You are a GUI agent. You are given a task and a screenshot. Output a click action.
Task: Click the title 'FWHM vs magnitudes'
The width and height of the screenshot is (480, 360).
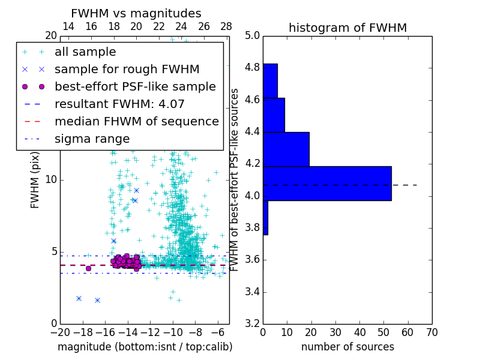point(136,14)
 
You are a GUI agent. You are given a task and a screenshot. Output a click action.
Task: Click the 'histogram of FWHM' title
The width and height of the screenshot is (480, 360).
point(347,28)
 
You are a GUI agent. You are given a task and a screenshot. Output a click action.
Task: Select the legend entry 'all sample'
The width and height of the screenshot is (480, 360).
point(85,52)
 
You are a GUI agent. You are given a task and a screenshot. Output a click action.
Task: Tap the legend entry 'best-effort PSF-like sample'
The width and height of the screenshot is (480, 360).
point(135,87)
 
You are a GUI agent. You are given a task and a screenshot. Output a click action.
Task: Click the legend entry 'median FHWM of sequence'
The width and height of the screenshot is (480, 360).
point(136,122)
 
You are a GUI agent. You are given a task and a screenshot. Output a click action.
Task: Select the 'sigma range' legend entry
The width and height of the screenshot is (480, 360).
point(92,139)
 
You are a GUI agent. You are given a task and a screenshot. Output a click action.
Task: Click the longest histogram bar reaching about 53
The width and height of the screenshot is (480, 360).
point(327,183)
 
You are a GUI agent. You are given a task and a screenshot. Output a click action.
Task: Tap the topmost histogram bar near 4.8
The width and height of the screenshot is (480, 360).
point(270,80)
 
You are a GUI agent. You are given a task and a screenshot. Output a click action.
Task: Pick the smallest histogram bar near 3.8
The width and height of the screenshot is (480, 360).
point(265,217)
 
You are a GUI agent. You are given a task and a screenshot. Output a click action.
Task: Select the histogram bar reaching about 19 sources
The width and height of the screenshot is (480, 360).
point(286,149)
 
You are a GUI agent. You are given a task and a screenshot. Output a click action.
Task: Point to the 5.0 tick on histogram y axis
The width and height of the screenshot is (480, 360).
point(253,35)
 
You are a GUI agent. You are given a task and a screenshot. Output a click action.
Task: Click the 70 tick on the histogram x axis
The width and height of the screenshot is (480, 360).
point(431,332)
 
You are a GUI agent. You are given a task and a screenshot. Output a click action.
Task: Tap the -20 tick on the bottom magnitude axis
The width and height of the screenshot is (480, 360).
point(60,332)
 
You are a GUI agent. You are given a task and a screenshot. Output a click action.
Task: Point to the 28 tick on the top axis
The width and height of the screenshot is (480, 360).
point(226,26)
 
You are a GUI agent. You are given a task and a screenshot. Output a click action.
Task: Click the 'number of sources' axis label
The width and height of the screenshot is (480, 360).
point(347,347)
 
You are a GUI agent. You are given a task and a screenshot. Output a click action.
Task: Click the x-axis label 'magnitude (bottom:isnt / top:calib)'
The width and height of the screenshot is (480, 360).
point(145,347)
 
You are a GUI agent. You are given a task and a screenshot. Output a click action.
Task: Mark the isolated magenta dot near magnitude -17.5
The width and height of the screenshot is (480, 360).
point(88,268)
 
